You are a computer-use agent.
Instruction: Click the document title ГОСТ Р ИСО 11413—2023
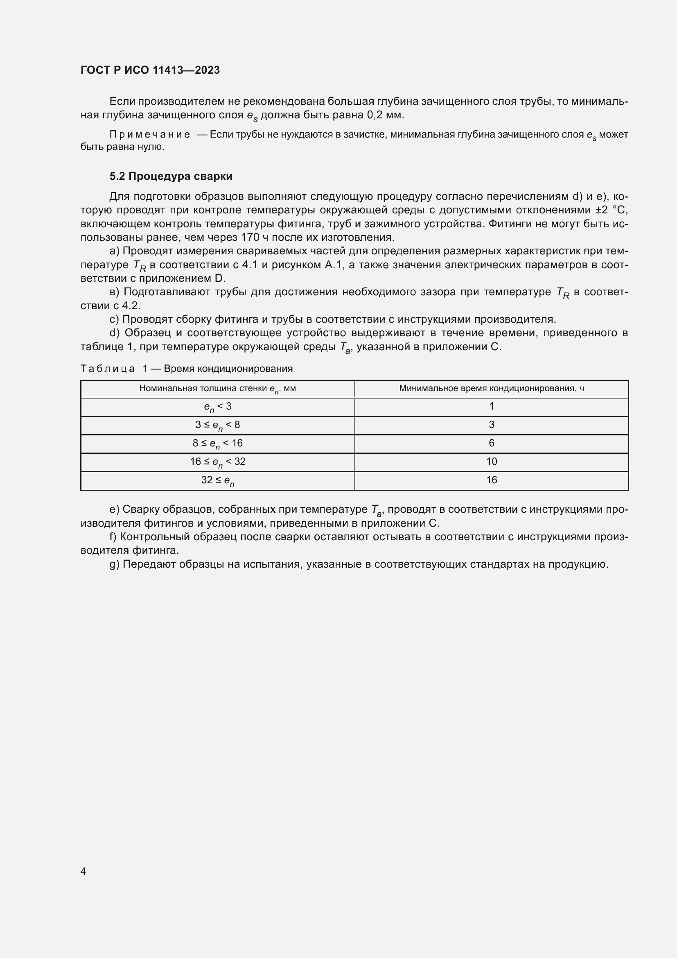click(x=150, y=70)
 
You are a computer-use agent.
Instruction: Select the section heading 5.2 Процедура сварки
click(x=171, y=177)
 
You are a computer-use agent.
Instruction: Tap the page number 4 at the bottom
click(x=83, y=871)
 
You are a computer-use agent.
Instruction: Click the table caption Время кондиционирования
click(x=228, y=369)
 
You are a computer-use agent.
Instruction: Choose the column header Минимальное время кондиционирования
click(x=491, y=388)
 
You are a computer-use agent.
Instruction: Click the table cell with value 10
click(x=491, y=462)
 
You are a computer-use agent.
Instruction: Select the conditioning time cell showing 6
click(x=491, y=443)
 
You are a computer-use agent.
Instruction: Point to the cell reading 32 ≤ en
click(x=217, y=481)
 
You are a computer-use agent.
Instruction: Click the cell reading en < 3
click(x=217, y=407)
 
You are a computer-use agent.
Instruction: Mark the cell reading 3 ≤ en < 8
click(x=217, y=425)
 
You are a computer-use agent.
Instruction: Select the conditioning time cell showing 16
click(x=491, y=480)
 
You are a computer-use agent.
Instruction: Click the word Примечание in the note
click(x=150, y=135)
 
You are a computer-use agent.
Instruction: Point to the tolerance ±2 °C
click(x=612, y=210)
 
